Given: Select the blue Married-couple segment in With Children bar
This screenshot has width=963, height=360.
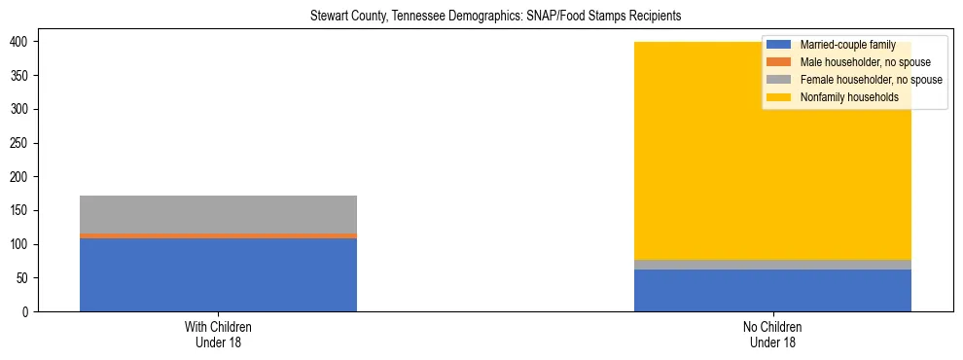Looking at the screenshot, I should click(x=218, y=274).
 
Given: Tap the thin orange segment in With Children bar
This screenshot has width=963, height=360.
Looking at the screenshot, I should click(x=218, y=235).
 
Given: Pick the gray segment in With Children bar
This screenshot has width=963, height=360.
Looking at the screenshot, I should click(x=218, y=214).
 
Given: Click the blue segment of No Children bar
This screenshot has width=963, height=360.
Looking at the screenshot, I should click(x=772, y=290).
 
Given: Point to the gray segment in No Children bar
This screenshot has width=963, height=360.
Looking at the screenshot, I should click(x=772, y=265).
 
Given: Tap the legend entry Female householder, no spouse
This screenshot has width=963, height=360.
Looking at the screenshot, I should click(x=871, y=80).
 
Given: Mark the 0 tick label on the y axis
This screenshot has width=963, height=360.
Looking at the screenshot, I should click(x=27, y=311).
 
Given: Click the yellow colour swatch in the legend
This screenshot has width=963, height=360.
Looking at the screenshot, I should click(x=779, y=97).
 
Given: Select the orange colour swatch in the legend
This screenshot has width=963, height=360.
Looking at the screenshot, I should click(x=779, y=62).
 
